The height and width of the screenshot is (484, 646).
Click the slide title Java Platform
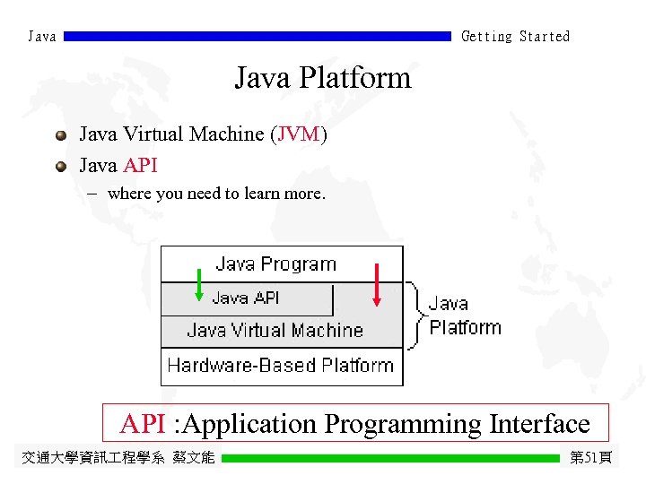point(322,78)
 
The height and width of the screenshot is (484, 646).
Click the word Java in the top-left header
point(42,37)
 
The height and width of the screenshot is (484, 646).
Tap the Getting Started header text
point(515,37)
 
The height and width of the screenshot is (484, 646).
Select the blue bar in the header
point(258,37)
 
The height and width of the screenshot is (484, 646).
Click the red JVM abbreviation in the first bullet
point(299,134)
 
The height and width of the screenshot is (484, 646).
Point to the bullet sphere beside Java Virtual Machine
point(60,135)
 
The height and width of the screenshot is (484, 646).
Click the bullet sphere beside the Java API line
point(60,166)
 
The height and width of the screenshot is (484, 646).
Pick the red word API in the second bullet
point(140,166)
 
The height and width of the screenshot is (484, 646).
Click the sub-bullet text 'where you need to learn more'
point(215,194)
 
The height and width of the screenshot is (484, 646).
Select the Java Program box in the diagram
point(276,264)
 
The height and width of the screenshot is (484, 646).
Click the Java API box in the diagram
point(246,298)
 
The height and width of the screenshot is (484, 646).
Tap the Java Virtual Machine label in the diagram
point(275,331)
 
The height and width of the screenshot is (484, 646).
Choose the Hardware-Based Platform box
point(281,366)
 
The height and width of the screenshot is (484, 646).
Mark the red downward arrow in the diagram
point(378,286)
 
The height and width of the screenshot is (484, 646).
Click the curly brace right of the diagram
point(415,315)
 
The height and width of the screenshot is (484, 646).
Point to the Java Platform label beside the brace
point(464,315)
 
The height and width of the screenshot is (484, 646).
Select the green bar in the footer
point(390,458)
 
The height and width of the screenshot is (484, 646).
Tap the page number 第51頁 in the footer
point(591,458)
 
